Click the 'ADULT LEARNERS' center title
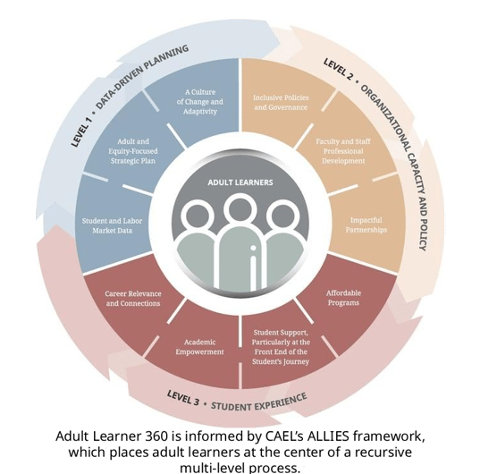pos(240,182)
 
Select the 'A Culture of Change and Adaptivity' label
pos(200,102)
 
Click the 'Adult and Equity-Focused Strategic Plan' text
pos(133,151)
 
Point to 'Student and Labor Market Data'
pos(112,225)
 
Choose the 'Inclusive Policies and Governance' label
pos(281,102)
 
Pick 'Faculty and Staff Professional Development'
pos(343,151)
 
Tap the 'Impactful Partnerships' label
pos(366,224)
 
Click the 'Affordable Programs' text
pos(343,298)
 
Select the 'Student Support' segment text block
pos(281,347)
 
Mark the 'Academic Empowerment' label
pos(199,347)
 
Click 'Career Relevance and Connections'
pos(133,298)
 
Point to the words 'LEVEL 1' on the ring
pos(81,131)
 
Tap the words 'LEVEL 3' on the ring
pos(183,397)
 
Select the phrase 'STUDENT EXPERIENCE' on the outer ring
pos(259,402)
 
